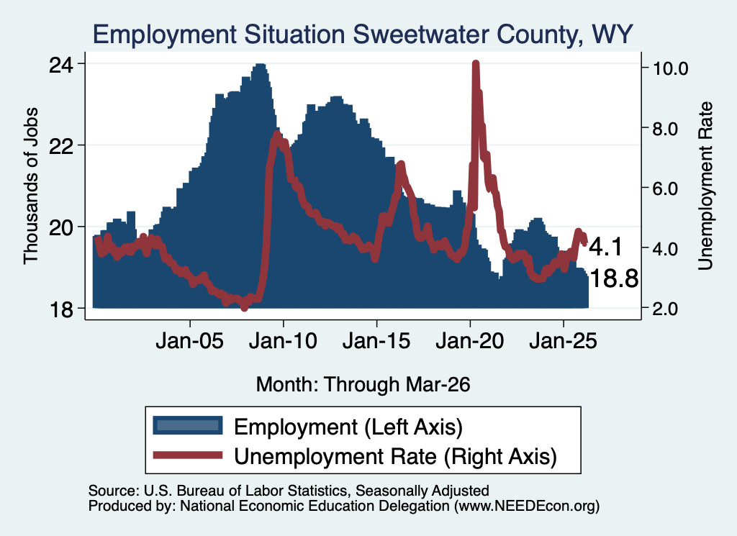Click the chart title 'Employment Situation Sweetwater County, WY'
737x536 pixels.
click(x=363, y=35)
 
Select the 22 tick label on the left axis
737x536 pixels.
click(x=61, y=145)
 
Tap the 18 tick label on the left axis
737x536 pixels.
click(x=61, y=309)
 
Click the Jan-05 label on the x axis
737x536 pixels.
click(x=190, y=341)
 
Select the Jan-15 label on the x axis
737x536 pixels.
click(x=376, y=341)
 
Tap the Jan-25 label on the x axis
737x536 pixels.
click(x=563, y=341)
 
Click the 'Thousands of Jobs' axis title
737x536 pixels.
click(x=30, y=186)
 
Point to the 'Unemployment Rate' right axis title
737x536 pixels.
click(x=705, y=186)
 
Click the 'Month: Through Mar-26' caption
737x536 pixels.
click(x=363, y=385)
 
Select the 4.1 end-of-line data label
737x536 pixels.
click(x=606, y=247)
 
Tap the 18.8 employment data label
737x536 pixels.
click(x=614, y=279)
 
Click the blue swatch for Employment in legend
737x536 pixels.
click(x=188, y=426)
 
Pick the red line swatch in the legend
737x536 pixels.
click(x=188, y=455)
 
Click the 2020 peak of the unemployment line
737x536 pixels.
click(x=476, y=63)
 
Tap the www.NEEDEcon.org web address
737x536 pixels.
click(x=527, y=507)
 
